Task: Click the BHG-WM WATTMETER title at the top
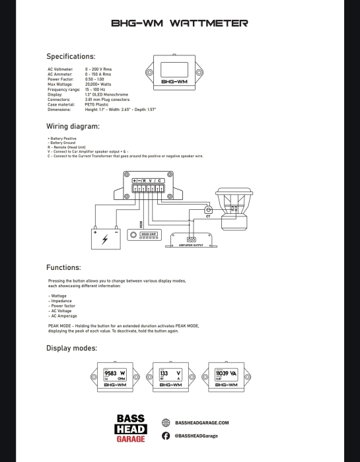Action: click(180, 23)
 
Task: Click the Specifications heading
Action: click(71, 57)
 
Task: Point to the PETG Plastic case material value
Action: click(98, 104)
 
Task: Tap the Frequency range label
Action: click(63, 89)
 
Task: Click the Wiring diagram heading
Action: click(73, 126)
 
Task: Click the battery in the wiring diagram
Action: click(106, 238)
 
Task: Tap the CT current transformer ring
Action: click(209, 210)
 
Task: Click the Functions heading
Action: click(63, 268)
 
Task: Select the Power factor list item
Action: click(62, 306)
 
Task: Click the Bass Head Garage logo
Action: click(131, 429)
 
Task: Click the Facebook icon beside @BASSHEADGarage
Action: click(166, 436)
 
